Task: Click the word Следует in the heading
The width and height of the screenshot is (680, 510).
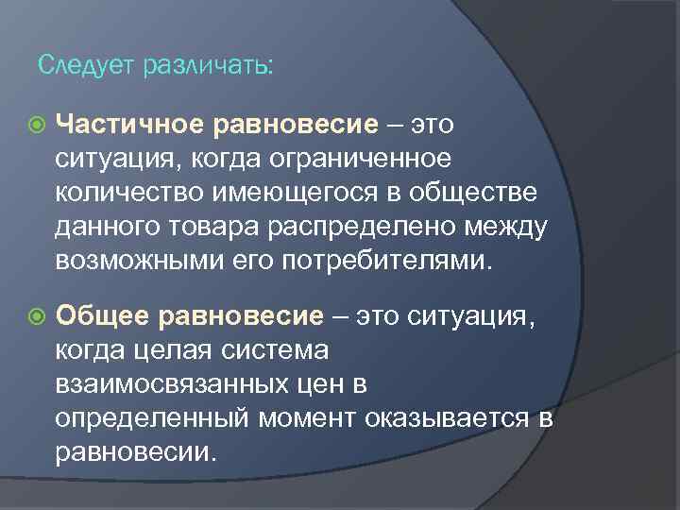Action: (x=87, y=65)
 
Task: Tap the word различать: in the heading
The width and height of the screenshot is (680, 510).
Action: (x=207, y=65)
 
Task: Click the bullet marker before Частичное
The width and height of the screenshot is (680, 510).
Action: (x=35, y=123)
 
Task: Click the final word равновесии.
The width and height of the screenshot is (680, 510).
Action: (x=137, y=452)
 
